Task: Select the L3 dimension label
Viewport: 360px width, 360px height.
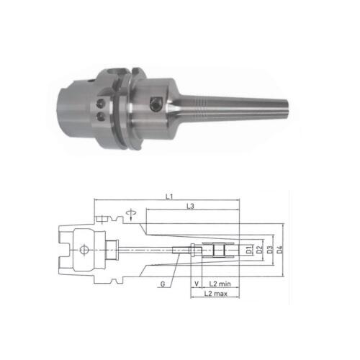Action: click(x=189, y=207)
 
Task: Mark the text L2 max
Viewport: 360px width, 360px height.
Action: click(x=215, y=294)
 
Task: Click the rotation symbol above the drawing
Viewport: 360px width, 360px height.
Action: click(x=129, y=213)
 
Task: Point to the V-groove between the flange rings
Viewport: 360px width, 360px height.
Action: click(x=121, y=108)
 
